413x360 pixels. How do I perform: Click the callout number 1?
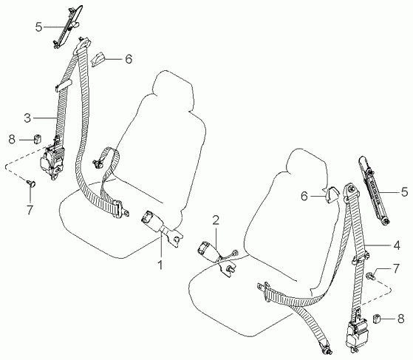(x=160, y=265)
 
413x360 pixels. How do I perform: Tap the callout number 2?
(x=216, y=220)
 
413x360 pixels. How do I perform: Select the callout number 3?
(x=27, y=118)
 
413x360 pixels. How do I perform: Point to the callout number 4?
(x=397, y=245)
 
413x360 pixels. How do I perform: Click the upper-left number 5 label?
(x=38, y=27)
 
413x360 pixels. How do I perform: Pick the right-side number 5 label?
(x=404, y=192)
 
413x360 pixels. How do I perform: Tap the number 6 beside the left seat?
(x=129, y=59)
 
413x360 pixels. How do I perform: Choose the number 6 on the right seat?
(x=304, y=197)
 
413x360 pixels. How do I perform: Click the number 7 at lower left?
(x=30, y=210)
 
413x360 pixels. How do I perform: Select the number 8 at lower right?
(x=400, y=319)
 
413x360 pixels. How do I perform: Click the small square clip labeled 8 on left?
(x=38, y=139)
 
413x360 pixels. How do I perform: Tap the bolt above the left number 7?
(x=31, y=183)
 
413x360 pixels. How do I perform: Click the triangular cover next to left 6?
(x=98, y=60)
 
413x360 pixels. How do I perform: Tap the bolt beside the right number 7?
(x=371, y=276)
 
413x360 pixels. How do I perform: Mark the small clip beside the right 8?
(x=377, y=319)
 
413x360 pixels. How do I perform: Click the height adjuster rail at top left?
(x=67, y=27)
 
